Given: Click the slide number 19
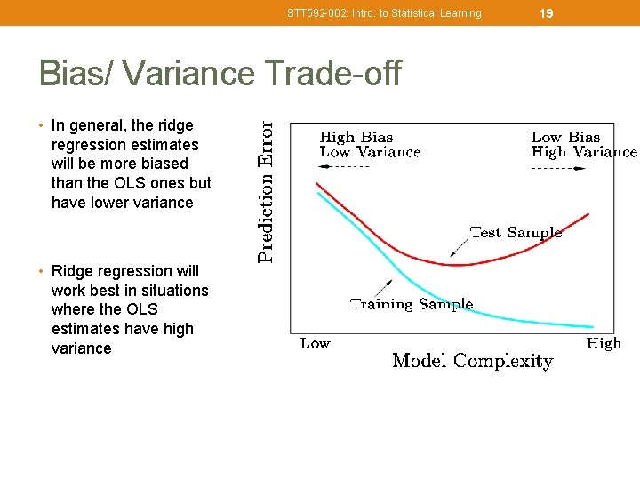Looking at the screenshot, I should coord(547,12).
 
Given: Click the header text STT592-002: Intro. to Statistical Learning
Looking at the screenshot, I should coord(384,13).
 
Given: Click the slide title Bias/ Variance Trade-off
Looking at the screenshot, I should coord(220,73).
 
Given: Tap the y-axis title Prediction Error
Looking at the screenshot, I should coord(266,192).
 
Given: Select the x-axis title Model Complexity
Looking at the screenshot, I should coord(472,361).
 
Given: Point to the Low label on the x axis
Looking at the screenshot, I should coord(315,343).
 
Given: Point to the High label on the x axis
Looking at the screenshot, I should coord(604,343).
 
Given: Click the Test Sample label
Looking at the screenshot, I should coord(516,233).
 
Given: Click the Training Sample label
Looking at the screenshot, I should coord(412,304).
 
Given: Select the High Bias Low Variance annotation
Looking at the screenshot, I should coord(370,144).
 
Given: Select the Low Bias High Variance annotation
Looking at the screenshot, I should coord(583,144).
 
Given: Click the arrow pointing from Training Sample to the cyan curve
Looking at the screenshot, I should coord(383,287).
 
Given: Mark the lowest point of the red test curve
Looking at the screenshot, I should coord(456,265).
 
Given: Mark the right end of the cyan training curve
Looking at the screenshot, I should coord(592,326).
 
